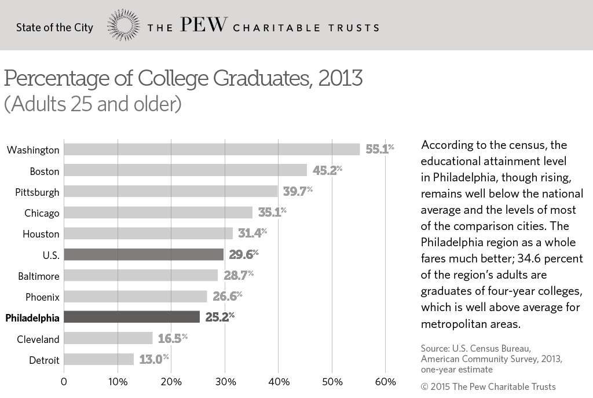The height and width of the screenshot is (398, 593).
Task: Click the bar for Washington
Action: (211, 149)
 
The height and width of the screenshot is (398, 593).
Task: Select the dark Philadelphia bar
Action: (131, 317)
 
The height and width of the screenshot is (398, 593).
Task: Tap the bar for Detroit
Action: (98, 359)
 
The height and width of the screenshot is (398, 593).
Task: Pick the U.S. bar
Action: (143, 254)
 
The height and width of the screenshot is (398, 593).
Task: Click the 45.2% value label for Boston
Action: (326, 170)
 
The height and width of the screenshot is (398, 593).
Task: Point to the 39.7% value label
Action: (297, 191)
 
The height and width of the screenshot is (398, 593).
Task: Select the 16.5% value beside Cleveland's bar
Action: (172, 338)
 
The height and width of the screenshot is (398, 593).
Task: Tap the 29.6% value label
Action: (243, 254)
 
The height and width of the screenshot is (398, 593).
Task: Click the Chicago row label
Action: (42, 213)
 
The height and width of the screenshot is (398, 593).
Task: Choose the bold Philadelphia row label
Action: (32, 317)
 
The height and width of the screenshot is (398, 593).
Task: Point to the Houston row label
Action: (41, 234)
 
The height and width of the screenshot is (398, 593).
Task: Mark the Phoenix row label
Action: (42, 297)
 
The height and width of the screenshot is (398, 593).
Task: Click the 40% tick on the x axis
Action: (278, 382)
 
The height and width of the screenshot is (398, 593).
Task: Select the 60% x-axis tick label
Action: (386, 382)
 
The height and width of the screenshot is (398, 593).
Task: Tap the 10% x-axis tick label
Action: (118, 382)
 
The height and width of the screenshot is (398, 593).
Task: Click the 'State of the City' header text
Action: (54, 27)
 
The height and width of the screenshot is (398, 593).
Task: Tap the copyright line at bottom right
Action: (488, 386)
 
